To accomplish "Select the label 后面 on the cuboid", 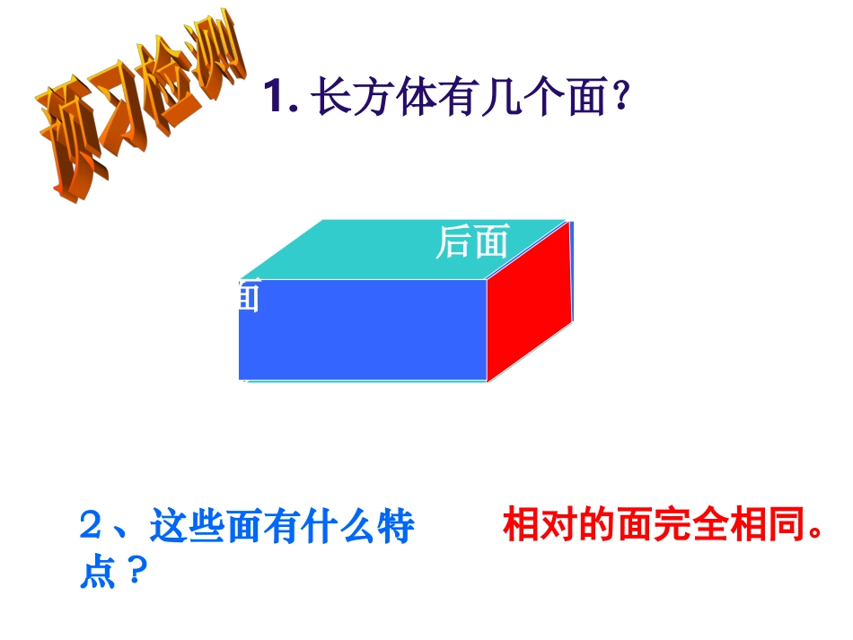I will (x=471, y=241).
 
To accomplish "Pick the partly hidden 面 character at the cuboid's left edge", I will (x=249, y=295).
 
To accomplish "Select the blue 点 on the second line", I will (x=98, y=572).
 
